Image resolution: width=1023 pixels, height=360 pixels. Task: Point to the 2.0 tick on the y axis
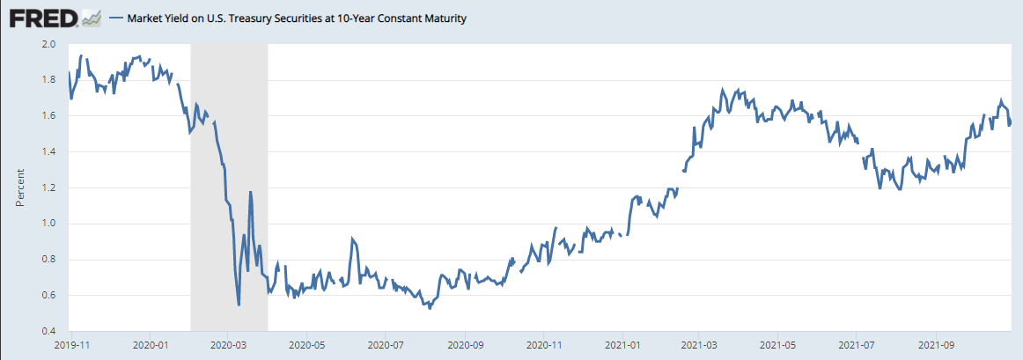(x=49, y=44)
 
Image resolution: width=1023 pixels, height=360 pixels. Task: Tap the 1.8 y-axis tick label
(x=49, y=80)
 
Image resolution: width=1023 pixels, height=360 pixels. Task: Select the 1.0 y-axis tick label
(x=49, y=224)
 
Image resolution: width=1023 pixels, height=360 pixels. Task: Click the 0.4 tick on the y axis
(x=49, y=331)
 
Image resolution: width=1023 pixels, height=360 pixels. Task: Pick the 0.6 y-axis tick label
(x=49, y=296)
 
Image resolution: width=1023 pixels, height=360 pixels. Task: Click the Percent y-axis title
(x=19, y=187)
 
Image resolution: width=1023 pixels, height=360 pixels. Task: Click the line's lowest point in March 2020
(x=239, y=305)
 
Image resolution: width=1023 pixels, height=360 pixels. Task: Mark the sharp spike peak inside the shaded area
(x=251, y=192)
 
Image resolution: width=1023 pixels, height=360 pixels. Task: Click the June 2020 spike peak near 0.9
(x=352, y=239)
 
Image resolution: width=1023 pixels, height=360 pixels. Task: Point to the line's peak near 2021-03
(x=723, y=90)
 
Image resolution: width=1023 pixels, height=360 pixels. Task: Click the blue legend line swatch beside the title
(x=116, y=18)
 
